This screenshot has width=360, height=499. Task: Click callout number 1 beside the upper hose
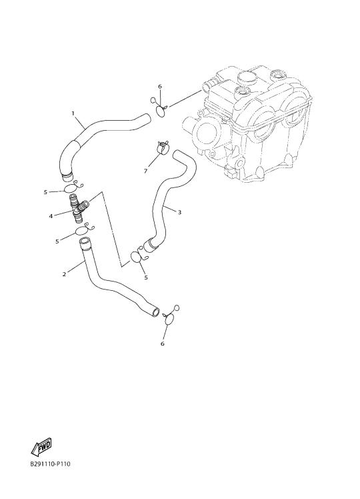tap(73, 113)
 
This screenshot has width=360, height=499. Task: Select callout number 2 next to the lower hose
tap(64, 274)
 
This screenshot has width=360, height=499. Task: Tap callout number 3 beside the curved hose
tap(179, 212)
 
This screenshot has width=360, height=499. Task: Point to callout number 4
tap(51, 216)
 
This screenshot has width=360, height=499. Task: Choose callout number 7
tap(145, 171)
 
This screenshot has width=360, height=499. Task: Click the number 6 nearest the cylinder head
tap(160, 87)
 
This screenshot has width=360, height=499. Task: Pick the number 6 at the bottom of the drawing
tap(163, 344)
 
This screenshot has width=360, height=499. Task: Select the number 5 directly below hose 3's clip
tap(146, 278)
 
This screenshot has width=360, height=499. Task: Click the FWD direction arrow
tap(41, 446)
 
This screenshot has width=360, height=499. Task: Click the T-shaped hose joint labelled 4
tap(78, 208)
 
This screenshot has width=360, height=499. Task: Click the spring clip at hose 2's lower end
tap(171, 317)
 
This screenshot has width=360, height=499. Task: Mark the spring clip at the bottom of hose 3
tap(139, 256)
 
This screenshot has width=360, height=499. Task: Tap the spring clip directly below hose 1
tap(73, 187)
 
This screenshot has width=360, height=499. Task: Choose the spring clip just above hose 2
tap(83, 229)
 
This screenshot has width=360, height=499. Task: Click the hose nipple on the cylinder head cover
tap(207, 84)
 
